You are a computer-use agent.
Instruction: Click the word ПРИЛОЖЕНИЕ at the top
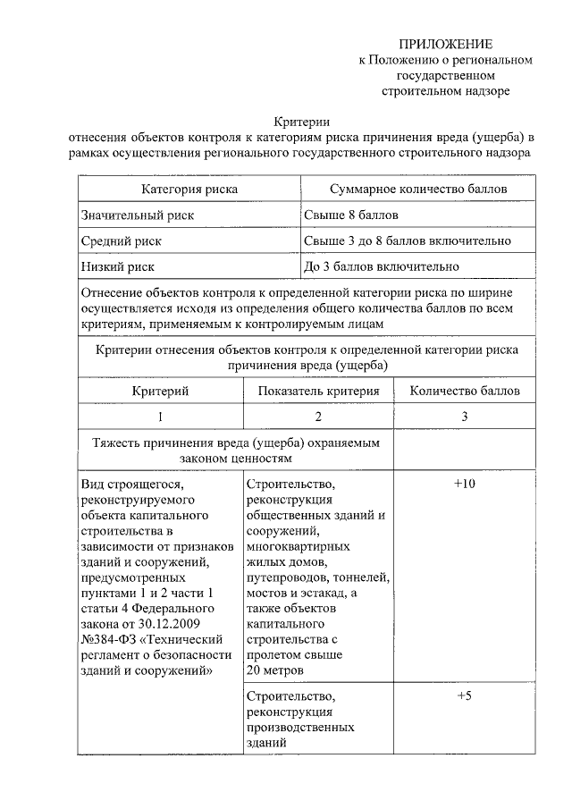pyautogui.click(x=444, y=44)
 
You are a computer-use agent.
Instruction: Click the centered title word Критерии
pyautogui.click(x=300, y=122)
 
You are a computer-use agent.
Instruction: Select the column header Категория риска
pyautogui.click(x=189, y=190)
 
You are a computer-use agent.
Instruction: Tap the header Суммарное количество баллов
pyautogui.click(x=418, y=190)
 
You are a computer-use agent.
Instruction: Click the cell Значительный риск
pyautogui.click(x=137, y=215)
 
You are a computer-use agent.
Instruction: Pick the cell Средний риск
pyautogui.click(x=122, y=241)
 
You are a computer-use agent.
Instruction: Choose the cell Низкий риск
pyautogui.click(x=117, y=266)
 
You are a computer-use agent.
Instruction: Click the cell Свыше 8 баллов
pyautogui.click(x=351, y=215)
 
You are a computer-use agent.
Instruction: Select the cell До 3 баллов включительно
pyautogui.click(x=382, y=266)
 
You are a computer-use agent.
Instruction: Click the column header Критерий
pyautogui.click(x=161, y=391)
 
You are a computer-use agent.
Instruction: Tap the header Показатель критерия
pyautogui.click(x=319, y=391)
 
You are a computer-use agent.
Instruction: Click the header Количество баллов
pyautogui.click(x=465, y=391)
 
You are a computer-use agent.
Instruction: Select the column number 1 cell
pyautogui.click(x=161, y=417)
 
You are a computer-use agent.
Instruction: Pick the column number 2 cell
pyautogui.click(x=319, y=417)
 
